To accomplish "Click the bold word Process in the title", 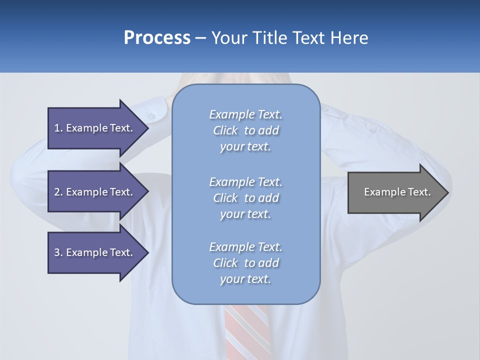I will pyautogui.click(x=157, y=38).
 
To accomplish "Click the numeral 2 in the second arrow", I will pyautogui.click(x=57, y=192).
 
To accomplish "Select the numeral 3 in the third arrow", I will pyautogui.click(x=57, y=252).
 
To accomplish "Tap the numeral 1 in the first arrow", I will pyautogui.click(x=57, y=128).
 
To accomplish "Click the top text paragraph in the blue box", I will pyautogui.click(x=245, y=130).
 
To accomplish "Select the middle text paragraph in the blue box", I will pyautogui.click(x=245, y=198).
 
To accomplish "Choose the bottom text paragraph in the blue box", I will pyautogui.click(x=245, y=263).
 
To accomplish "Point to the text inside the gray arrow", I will pyautogui.click(x=397, y=192).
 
